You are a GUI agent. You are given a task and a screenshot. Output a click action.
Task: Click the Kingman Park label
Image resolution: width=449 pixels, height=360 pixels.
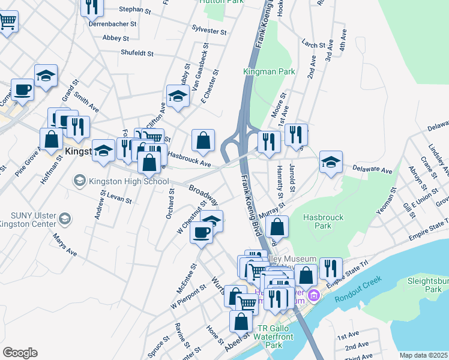tap(268, 71)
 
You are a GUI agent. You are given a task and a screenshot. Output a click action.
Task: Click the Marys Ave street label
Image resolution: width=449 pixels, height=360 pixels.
tap(67, 245)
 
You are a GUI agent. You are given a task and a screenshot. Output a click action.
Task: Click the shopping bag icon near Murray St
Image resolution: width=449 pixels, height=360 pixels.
tap(277, 227)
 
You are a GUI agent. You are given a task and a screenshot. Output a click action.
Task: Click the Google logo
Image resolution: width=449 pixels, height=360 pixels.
tap(20, 352)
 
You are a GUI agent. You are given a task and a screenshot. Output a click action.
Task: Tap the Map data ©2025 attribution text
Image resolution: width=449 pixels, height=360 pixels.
tap(423, 355)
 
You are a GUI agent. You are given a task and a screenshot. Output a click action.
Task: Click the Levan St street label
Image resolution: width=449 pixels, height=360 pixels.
tap(119, 198)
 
